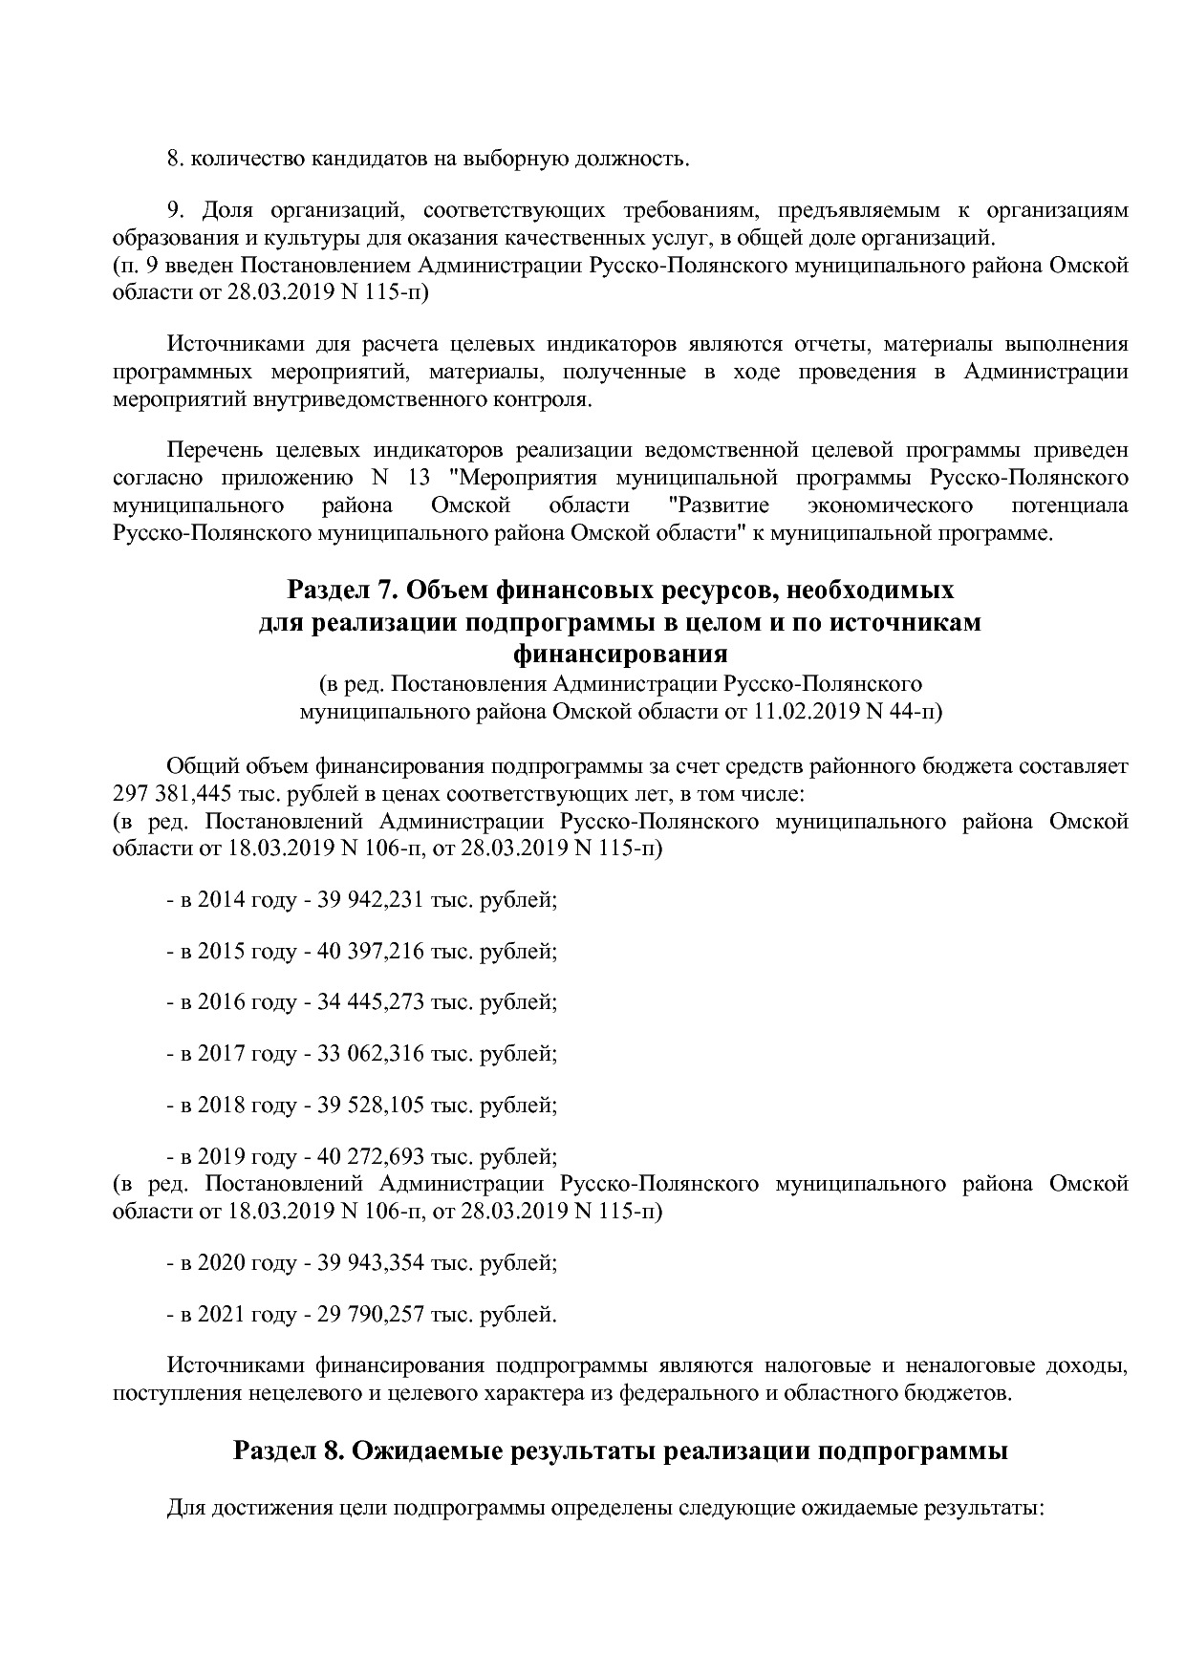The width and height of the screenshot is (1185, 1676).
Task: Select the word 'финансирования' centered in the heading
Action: pos(620,655)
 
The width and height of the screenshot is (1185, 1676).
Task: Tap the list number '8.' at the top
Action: pos(175,159)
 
